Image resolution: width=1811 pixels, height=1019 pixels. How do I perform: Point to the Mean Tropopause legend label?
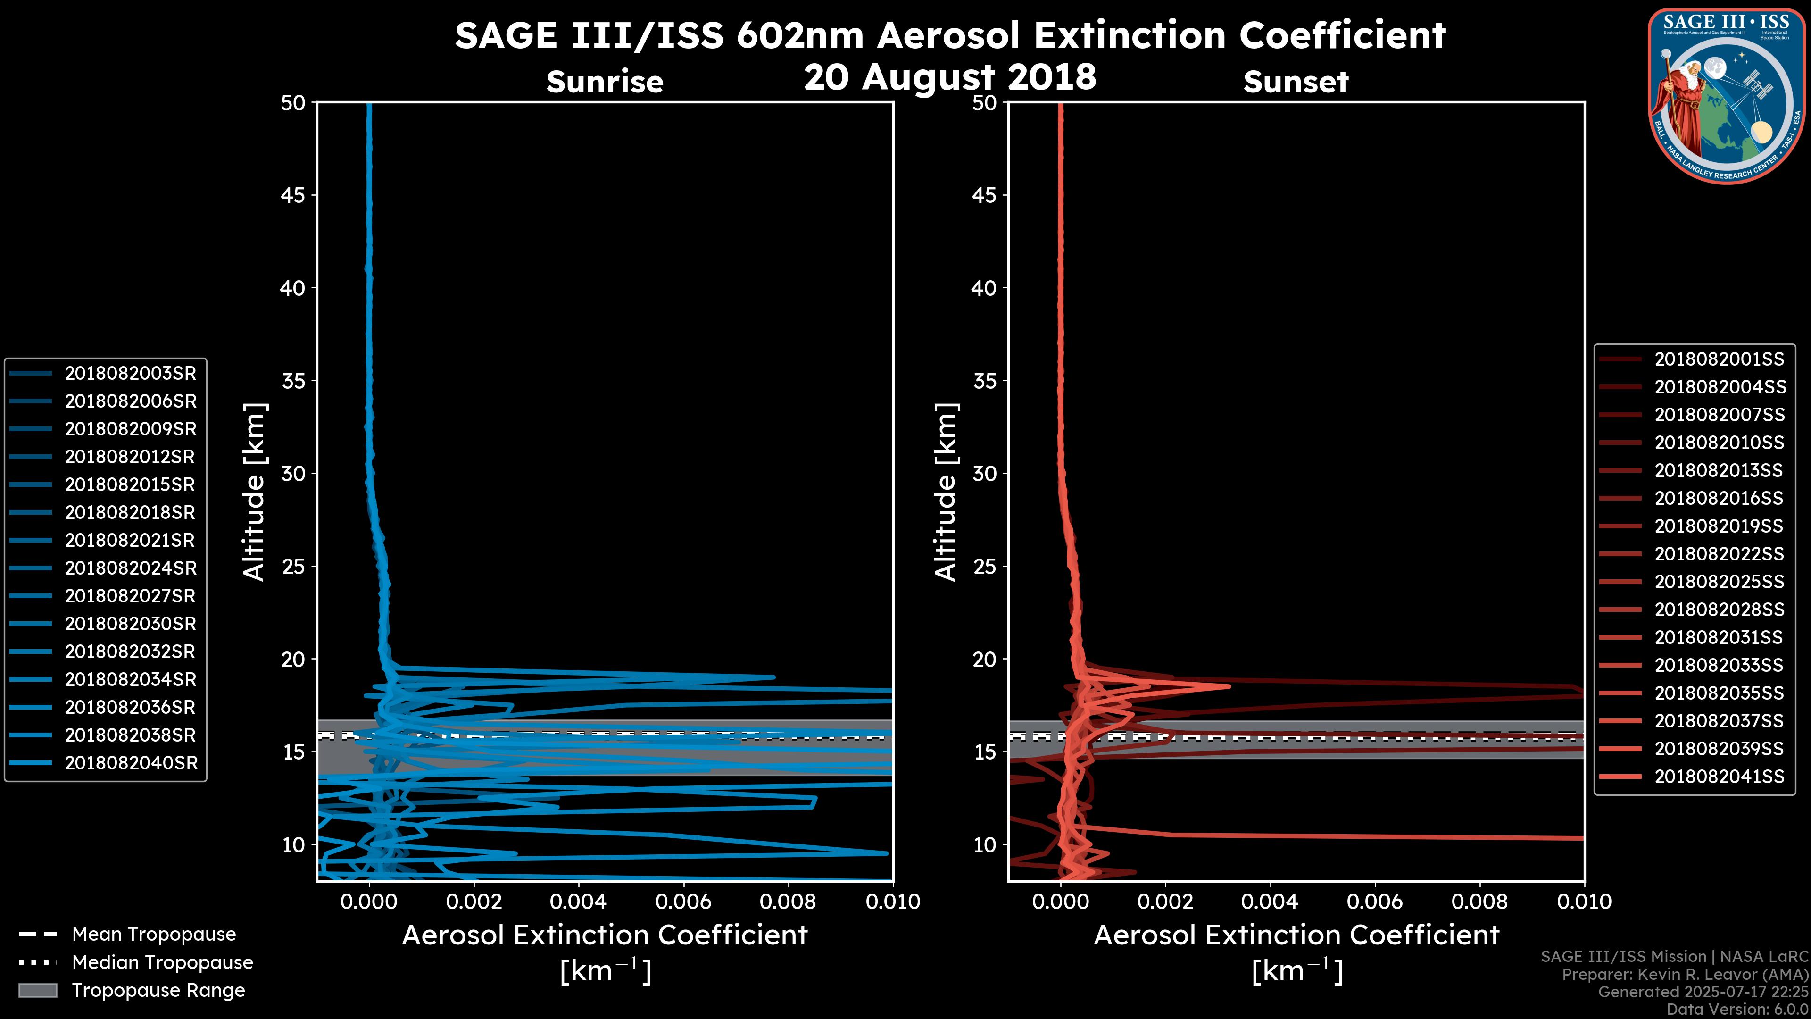point(153,934)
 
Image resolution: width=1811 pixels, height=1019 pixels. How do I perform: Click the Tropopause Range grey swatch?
point(37,990)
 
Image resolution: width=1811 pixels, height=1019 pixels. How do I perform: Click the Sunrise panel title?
point(605,82)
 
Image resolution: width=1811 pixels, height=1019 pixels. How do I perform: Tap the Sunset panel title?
point(1296,82)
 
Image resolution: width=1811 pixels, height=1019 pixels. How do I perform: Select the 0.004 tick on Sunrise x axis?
point(579,902)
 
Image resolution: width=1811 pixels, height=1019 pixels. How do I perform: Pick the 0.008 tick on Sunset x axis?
point(1480,902)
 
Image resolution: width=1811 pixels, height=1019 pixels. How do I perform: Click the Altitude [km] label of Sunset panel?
point(946,492)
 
